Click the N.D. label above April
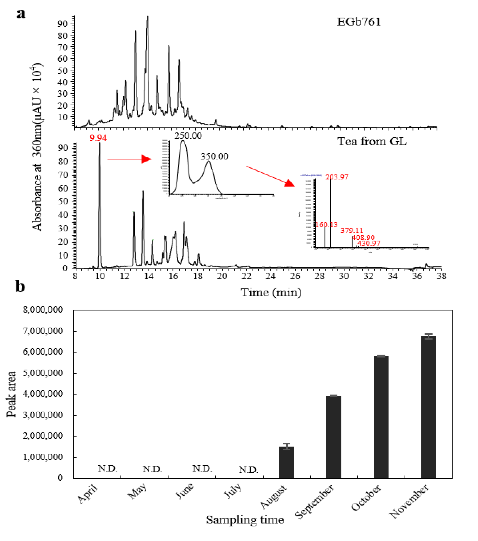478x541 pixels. pos(107,469)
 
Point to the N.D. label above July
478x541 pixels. pos(248,470)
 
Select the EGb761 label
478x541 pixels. pos(359,22)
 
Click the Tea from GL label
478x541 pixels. pos(372,142)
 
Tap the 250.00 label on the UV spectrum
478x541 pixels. pos(188,136)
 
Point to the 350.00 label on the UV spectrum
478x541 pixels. pos(214,156)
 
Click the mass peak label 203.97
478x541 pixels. pos(337,177)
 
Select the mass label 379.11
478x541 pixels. pos(352,231)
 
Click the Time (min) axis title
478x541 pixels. pos(271,293)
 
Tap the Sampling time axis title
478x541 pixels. pos(245,520)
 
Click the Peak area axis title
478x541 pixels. pos(11,394)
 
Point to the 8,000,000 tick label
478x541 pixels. pos(43,309)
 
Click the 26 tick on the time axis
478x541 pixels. pos(295,276)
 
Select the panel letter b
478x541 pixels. pos(20,287)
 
